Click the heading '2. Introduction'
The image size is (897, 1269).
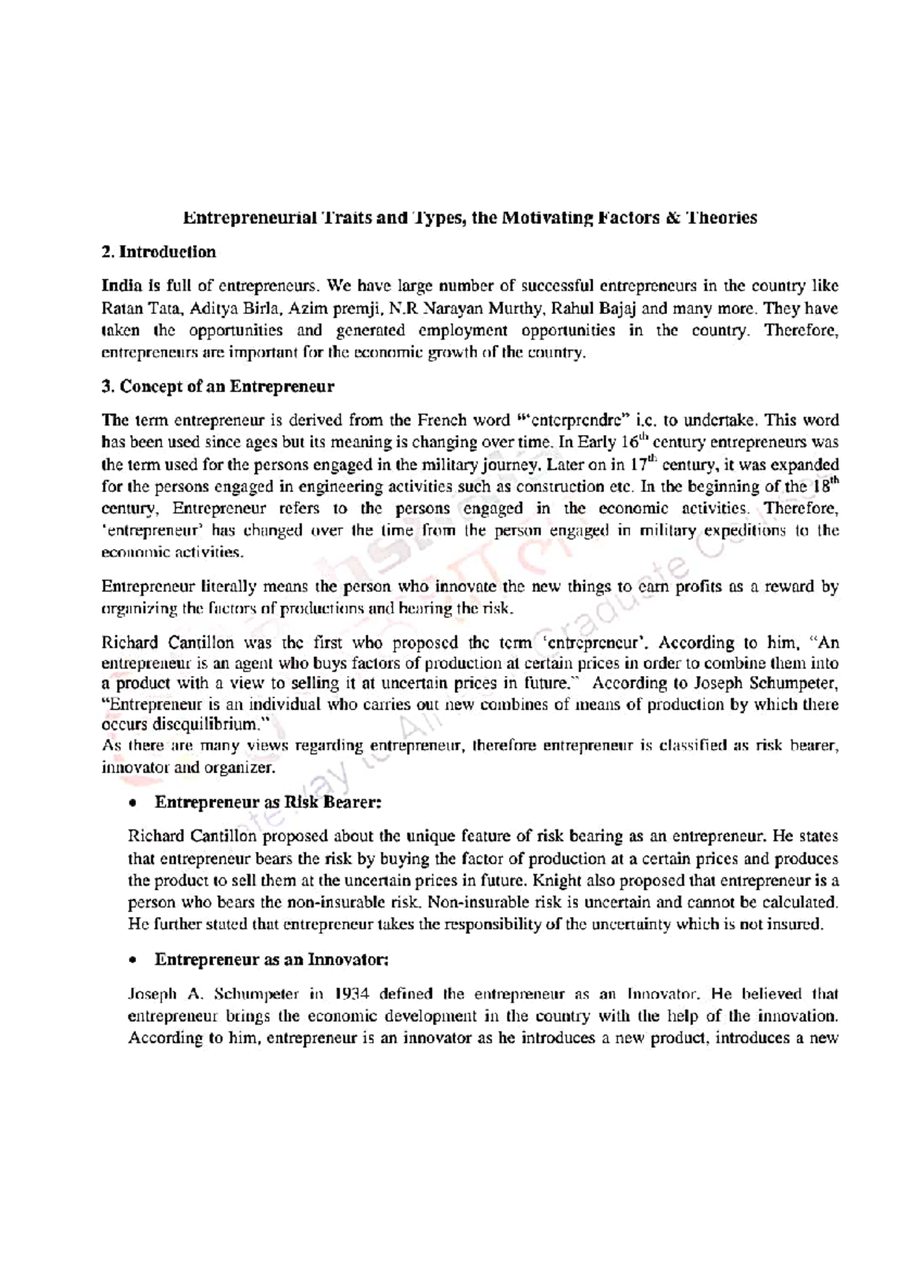coord(158,252)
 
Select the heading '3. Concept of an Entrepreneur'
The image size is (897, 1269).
coord(218,386)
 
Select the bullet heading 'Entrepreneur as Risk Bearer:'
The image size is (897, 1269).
coord(268,802)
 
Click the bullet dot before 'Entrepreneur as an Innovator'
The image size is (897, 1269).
coord(132,960)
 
